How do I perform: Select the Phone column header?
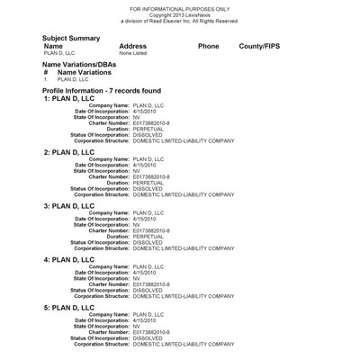pos(208,45)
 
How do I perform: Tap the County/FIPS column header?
pos(261,45)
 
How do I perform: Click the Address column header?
pos(132,45)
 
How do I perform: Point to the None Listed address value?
pos(132,53)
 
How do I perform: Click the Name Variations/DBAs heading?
pos(86,65)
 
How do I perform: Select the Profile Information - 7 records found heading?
pos(102,91)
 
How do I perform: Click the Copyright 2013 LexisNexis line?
pos(180,14)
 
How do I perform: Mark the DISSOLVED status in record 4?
pos(148,291)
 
